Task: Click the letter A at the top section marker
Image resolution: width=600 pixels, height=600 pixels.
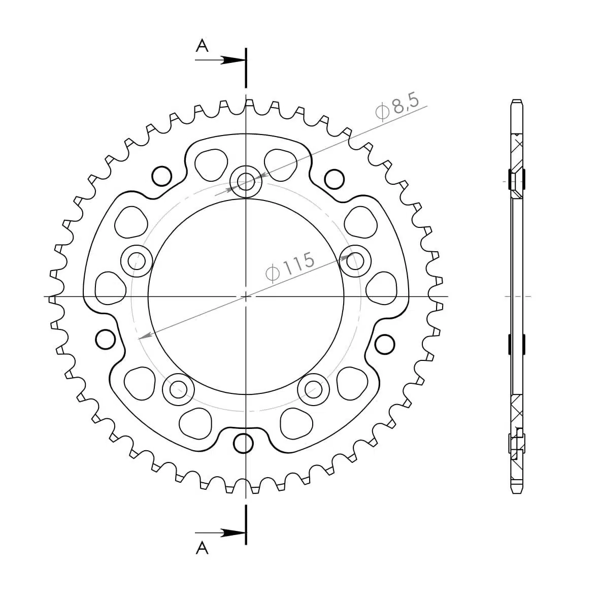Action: point(202,46)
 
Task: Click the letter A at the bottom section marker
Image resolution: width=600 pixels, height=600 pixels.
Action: point(202,548)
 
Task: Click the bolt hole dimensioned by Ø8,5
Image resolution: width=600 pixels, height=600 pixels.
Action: point(246,181)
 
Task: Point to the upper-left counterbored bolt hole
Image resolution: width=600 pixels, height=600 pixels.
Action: point(137,261)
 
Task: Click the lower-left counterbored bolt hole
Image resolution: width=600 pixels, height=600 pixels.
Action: point(178,390)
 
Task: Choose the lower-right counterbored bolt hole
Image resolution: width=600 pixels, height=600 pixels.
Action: point(314,390)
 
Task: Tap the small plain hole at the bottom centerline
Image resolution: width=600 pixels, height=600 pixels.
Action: point(244,443)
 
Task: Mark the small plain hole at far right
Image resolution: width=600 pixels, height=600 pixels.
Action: point(385,345)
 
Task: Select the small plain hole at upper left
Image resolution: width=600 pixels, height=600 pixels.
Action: point(162,175)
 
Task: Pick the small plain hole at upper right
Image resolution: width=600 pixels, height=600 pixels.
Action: point(334,178)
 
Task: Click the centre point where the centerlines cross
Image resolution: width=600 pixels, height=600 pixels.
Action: point(246,296)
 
